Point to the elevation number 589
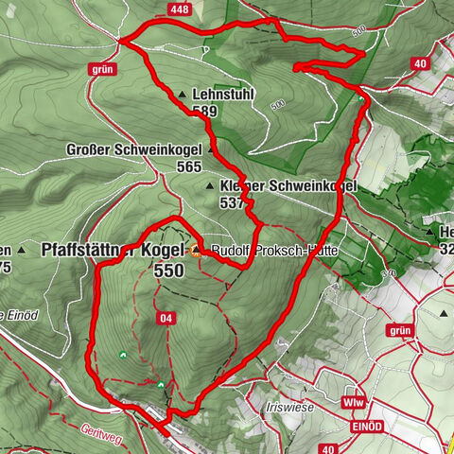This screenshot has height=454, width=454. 203,112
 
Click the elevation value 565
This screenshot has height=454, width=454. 188,166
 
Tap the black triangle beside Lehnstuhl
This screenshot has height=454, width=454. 182,96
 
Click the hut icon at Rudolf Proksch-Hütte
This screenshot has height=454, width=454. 196,251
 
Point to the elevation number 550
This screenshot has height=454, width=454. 165,270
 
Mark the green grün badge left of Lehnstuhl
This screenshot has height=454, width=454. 103,69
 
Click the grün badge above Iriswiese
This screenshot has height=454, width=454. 401,331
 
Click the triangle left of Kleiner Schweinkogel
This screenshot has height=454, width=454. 209,186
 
